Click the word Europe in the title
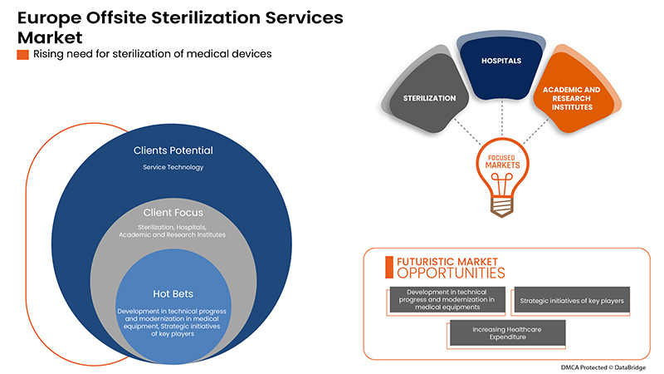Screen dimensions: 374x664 51,17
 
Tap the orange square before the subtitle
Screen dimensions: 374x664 22,55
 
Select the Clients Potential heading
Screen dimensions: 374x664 173,150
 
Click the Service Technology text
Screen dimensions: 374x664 173,167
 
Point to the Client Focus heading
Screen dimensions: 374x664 173,212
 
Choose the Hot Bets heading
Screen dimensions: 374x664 173,293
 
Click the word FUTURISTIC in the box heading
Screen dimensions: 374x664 437,260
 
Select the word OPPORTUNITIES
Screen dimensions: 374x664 451,273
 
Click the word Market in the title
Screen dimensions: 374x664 47,37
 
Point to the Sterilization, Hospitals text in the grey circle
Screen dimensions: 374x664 173,228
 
